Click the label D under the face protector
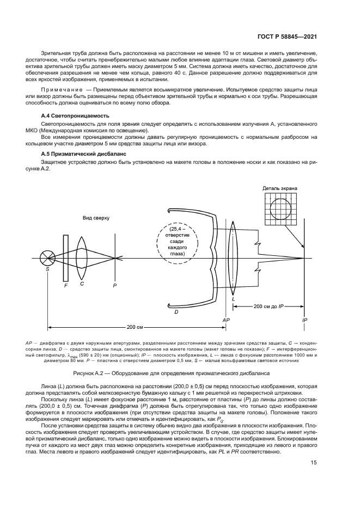click(x=176, y=311)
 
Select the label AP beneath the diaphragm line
click(x=226, y=321)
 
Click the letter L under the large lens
click(x=233, y=299)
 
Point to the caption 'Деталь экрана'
click(x=279, y=188)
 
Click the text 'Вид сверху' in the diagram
click(x=96, y=217)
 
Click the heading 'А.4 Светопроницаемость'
click(x=75, y=116)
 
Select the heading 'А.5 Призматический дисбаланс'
click(x=84, y=154)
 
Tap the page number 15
click(x=313, y=463)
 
